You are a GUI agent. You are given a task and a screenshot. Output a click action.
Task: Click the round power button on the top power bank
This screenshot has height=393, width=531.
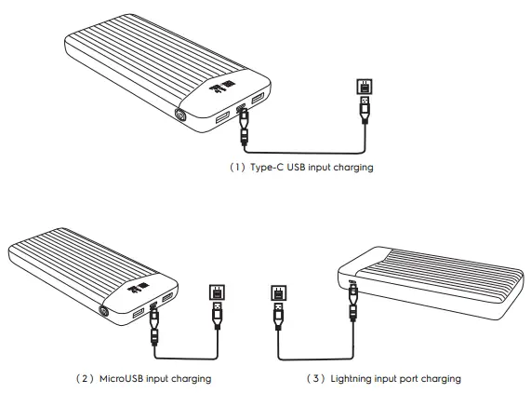179,115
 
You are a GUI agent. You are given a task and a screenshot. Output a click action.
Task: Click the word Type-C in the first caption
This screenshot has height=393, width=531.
267,168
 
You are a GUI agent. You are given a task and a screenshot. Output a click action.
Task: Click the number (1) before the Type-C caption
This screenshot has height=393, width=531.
237,168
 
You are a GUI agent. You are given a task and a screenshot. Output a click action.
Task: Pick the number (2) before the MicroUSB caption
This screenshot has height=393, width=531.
85,378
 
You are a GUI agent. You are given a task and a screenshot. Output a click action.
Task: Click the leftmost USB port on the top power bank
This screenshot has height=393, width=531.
222,118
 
